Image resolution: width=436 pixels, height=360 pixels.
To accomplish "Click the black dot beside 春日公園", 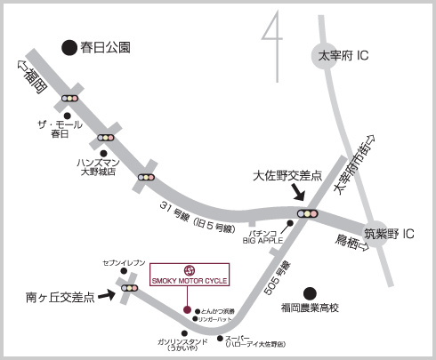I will click(67, 47).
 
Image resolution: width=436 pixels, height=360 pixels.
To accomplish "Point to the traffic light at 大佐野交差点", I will click(308, 213).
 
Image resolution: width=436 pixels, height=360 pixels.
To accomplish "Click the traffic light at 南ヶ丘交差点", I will click(130, 288).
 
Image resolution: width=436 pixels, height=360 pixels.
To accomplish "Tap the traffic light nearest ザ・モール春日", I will click(69, 99).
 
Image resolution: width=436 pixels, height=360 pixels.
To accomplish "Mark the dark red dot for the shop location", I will click(187, 309).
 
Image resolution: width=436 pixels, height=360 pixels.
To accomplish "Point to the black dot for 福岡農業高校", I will click(309, 292).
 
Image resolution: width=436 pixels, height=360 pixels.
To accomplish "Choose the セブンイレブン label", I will click(123, 266).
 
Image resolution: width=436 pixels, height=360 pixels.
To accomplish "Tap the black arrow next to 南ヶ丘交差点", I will click(100, 294).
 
